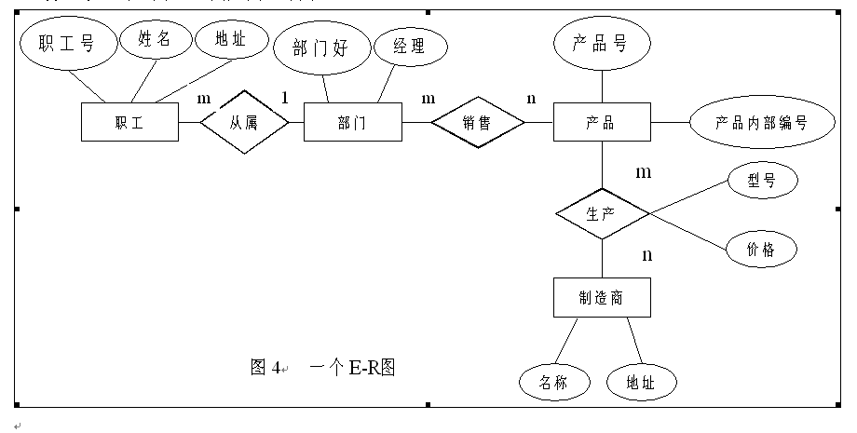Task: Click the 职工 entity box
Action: click(129, 122)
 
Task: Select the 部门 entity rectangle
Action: click(352, 122)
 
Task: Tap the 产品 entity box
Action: click(602, 122)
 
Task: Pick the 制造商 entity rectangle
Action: click(601, 298)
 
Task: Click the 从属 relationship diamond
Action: click(244, 122)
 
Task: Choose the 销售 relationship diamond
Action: click(477, 122)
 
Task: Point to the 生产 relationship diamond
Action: click(602, 214)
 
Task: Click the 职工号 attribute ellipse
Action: click(67, 43)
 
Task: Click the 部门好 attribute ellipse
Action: click(320, 48)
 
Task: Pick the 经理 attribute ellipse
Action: click(409, 47)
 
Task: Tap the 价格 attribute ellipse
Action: click(760, 249)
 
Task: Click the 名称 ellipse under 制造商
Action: click(553, 382)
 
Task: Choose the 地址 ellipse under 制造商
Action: click(640, 382)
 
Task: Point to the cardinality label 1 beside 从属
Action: click(284, 96)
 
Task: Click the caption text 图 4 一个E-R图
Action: click(323, 367)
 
